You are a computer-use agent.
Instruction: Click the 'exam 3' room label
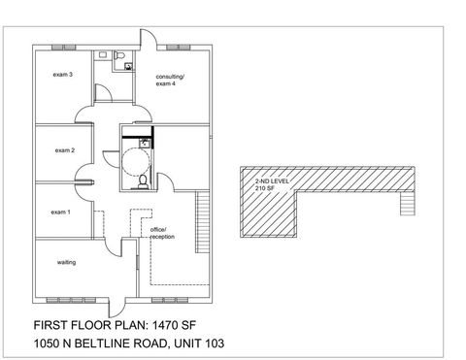[64, 74]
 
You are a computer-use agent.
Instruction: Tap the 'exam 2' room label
[65, 149]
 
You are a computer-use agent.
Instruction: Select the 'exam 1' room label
[61, 211]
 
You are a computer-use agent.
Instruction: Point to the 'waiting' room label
[67, 262]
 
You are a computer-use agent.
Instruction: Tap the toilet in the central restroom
[143, 181]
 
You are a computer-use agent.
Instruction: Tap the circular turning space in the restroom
[135, 155]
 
